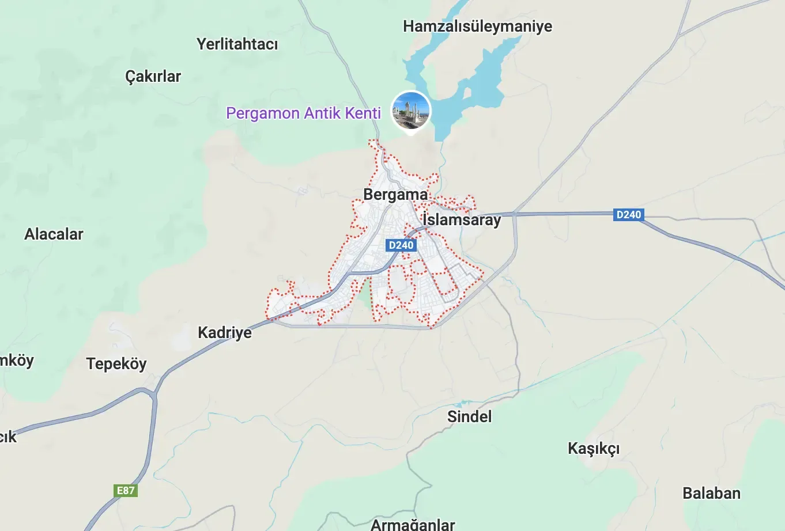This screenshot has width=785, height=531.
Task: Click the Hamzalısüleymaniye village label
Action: coord(477,26)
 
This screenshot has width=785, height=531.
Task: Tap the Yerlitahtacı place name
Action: coord(237,44)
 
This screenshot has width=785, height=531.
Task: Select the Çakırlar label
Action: coord(153,77)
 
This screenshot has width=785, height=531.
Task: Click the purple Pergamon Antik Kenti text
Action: coord(303,113)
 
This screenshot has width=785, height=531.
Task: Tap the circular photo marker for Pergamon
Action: coord(410,110)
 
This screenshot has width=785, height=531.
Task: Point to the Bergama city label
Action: coord(395,195)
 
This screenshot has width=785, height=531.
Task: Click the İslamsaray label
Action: coord(462,220)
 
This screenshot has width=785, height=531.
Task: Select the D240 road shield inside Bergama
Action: coord(401,245)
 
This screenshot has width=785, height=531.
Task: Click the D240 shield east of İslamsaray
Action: coord(628,215)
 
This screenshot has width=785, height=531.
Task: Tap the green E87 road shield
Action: coord(126,491)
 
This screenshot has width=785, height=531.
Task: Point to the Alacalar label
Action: coord(54,234)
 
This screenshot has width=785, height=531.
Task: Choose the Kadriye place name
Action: coord(225,333)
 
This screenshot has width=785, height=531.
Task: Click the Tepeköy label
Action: coord(116,364)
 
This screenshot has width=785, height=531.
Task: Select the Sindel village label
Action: coord(470,417)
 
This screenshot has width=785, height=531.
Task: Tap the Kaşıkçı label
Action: coord(594,449)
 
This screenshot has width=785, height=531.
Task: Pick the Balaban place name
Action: coord(711,494)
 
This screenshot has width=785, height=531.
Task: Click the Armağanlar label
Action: coord(413,524)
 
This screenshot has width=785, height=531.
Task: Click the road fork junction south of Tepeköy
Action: coord(153,395)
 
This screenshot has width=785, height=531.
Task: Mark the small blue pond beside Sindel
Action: coord(461,404)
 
